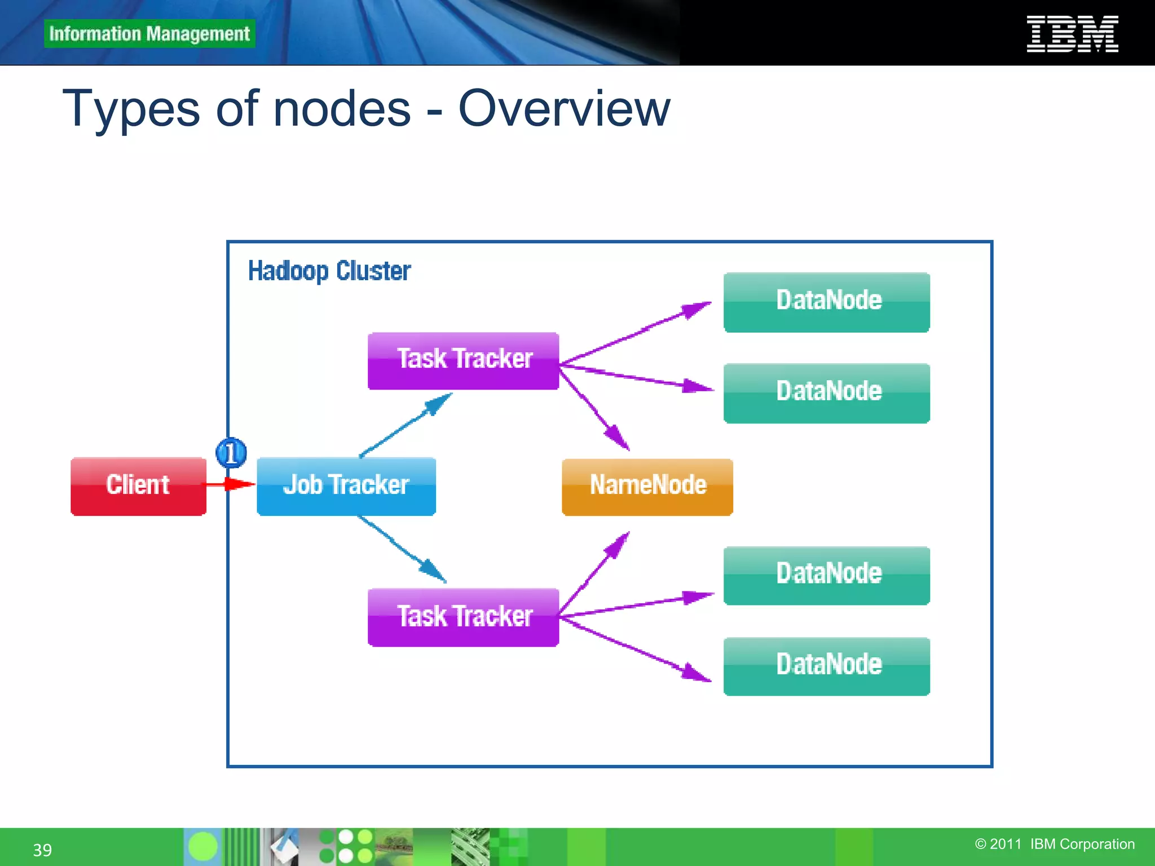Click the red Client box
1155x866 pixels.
pyautogui.click(x=138, y=486)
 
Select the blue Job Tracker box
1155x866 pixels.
pyautogui.click(x=346, y=486)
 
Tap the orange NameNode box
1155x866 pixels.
pyautogui.click(x=647, y=487)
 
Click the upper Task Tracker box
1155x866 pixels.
pyautogui.click(x=463, y=360)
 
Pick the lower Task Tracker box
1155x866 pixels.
pyautogui.click(x=463, y=617)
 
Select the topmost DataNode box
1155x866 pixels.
pyautogui.click(x=826, y=302)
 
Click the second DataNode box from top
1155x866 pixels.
pyautogui.click(x=826, y=393)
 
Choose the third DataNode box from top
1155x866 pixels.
pyautogui.click(x=826, y=575)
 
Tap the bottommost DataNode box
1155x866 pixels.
pyautogui.click(x=826, y=666)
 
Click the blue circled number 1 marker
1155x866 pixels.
pyautogui.click(x=231, y=453)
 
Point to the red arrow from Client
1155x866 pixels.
pyautogui.click(x=231, y=484)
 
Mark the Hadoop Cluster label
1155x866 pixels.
pyautogui.click(x=329, y=271)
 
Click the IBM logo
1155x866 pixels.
pyautogui.click(x=1072, y=34)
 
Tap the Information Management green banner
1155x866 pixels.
pyautogui.click(x=149, y=34)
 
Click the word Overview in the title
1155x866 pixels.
pyautogui.click(x=564, y=108)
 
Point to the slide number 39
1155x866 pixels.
pyautogui.click(x=42, y=850)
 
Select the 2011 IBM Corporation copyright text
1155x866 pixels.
pyautogui.click(x=1055, y=844)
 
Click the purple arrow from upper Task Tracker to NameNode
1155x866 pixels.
pyautogui.click(x=595, y=408)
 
